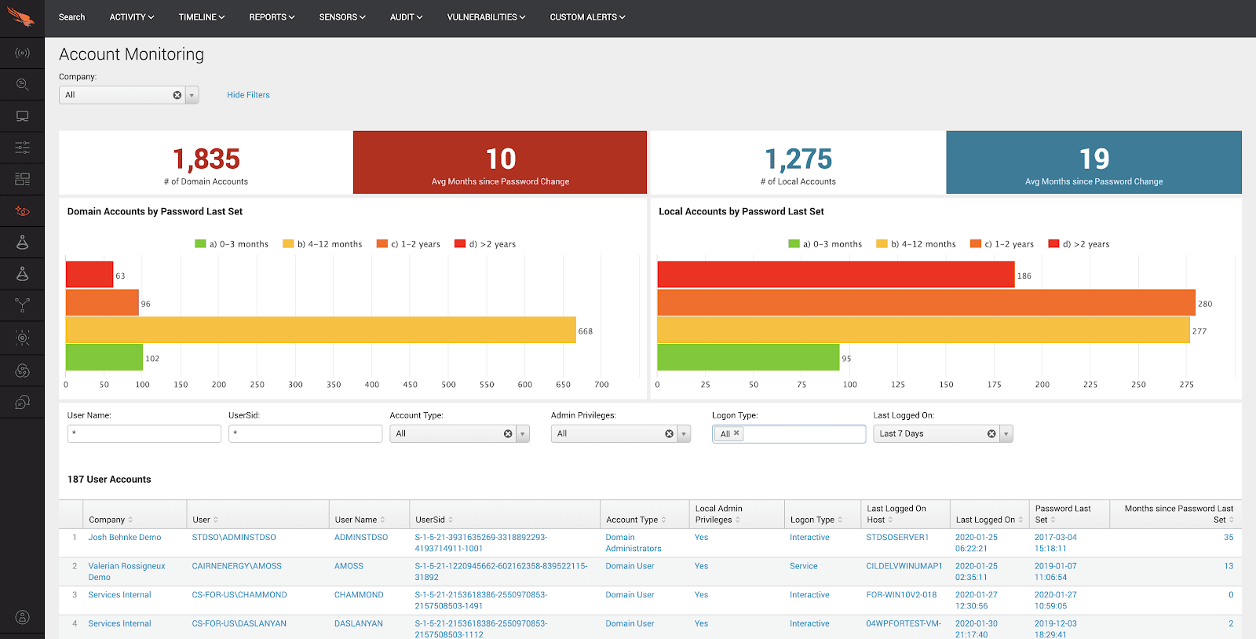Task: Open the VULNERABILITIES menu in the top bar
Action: [x=485, y=17]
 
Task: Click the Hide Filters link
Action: [x=248, y=95]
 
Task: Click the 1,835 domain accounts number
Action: [x=206, y=159]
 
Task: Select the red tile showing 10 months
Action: [x=500, y=162]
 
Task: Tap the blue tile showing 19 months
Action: [x=1094, y=162]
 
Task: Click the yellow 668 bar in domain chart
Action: [x=320, y=330]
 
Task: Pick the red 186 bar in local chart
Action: [x=835, y=275]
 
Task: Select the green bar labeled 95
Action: [x=747, y=358]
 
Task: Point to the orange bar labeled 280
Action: [x=926, y=303]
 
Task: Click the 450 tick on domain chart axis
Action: [x=410, y=385]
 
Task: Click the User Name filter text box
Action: [x=144, y=433]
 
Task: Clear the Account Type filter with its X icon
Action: [x=508, y=434]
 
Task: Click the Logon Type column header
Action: [x=812, y=520]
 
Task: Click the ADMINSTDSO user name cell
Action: [x=361, y=538]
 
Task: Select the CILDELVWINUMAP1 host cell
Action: [x=904, y=566]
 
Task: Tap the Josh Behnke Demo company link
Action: [x=125, y=538]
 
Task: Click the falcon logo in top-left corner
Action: [x=21, y=17]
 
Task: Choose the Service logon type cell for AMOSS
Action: [x=803, y=566]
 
